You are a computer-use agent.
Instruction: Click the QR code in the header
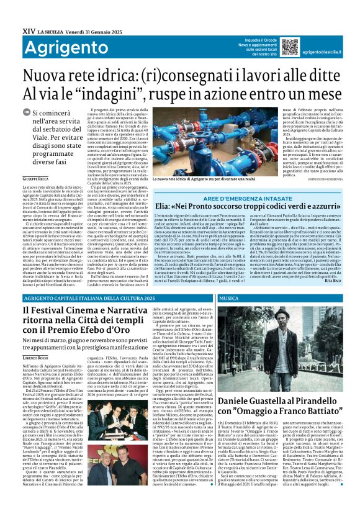tap(289, 47)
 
